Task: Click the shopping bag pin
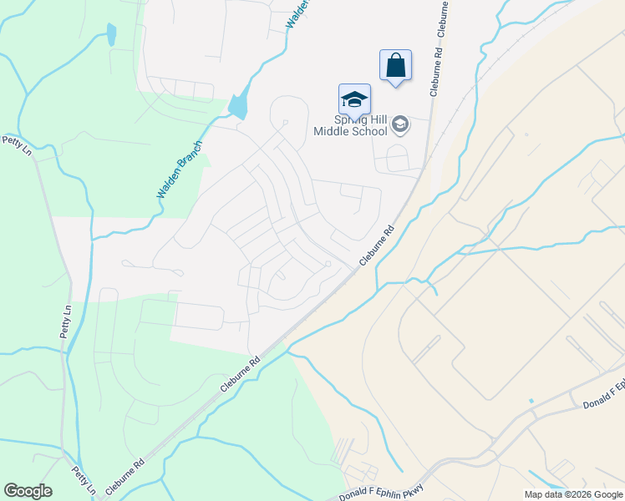[395, 65]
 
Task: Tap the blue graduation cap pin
[354, 99]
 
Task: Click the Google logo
[28, 491]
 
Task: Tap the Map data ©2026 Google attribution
[572, 494]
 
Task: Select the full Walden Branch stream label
[180, 168]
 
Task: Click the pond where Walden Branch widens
[238, 106]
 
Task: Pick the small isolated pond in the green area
[111, 34]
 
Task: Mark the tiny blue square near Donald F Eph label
[531, 402]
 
